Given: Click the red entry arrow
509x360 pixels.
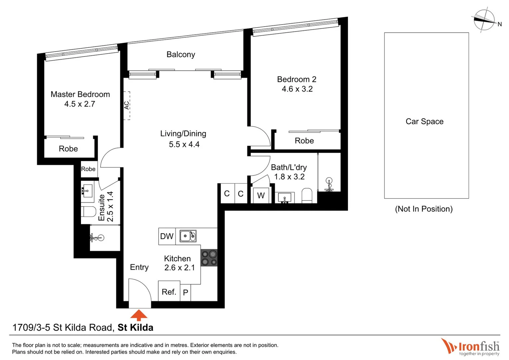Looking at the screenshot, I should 139,315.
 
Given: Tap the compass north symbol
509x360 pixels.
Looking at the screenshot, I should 485,20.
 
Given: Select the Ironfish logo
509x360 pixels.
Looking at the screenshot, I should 470,347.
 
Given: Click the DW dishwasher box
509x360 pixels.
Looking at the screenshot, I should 167,236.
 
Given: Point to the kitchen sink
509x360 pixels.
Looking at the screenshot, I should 188,236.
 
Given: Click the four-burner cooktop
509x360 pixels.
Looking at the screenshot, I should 209,258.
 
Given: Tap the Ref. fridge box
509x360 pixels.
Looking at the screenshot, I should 169,292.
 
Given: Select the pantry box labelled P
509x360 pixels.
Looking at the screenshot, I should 186,292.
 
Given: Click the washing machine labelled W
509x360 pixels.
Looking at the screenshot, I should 261,195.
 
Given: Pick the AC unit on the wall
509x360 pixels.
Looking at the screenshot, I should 127,105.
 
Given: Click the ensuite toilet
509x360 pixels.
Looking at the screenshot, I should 88,211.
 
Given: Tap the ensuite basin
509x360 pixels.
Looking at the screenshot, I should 87,191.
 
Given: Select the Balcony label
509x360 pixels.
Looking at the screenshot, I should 181,54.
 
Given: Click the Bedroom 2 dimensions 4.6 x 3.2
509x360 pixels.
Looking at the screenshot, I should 297,89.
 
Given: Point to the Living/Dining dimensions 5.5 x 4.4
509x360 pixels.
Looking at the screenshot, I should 184,144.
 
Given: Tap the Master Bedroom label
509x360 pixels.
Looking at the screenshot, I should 80,94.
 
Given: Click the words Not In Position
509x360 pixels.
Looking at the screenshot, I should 424,209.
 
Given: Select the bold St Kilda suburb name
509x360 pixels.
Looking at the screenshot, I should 135,328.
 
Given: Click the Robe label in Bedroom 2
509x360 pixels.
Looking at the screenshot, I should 304,141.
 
